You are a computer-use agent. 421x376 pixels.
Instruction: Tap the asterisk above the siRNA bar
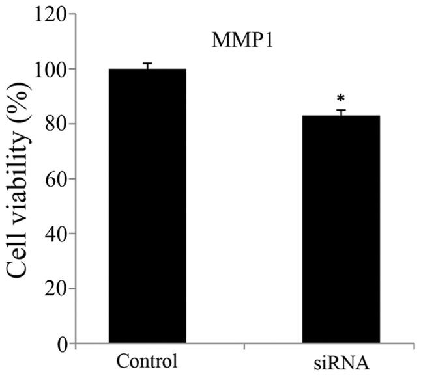pyautogui.click(x=340, y=99)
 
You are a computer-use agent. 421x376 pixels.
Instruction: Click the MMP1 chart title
pyautogui.click(x=236, y=40)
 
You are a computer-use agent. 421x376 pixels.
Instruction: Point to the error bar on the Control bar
pyautogui.click(x=147, y=66)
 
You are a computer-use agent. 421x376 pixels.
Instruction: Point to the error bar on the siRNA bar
pyautogui.click(x=340, y=113)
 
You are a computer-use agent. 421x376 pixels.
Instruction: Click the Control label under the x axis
pyautogui.click(x=147, y=361)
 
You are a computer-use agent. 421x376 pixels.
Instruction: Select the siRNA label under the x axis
pyautogui.click(x=340, y=362)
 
